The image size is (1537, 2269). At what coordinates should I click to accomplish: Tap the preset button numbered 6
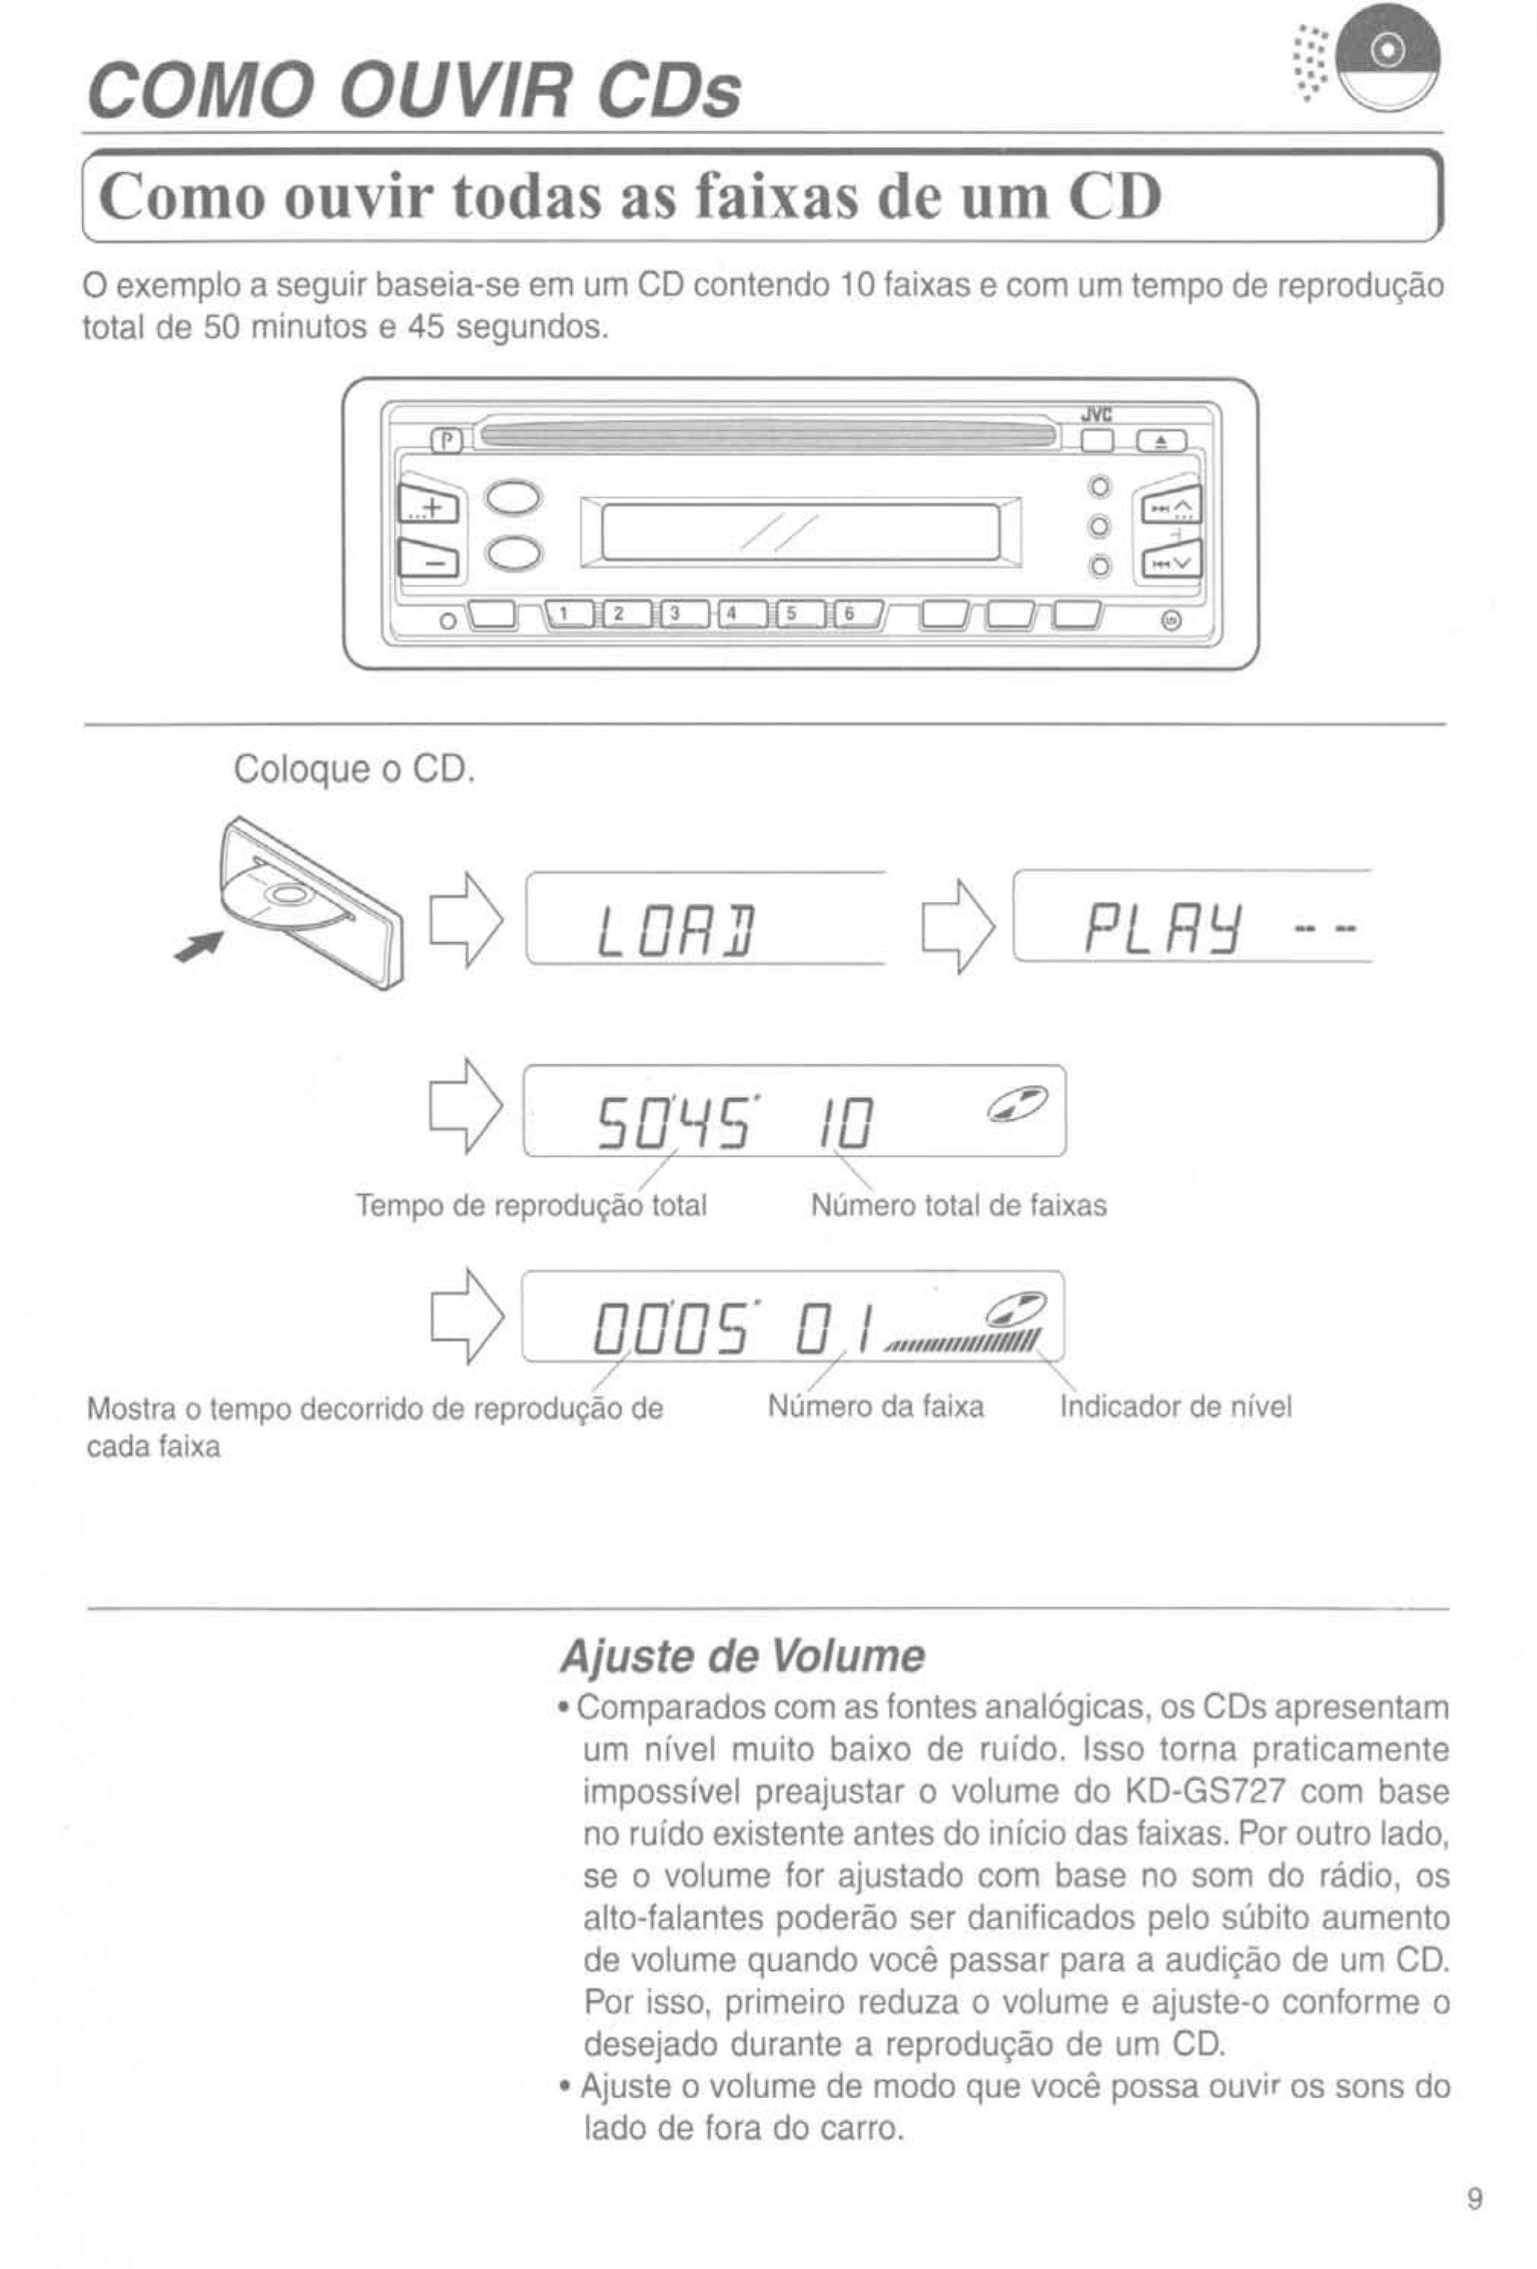pyautogui.click(x=848, y=613)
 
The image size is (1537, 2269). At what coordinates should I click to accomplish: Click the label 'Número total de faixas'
pyautogui.click(x=958, y=1205)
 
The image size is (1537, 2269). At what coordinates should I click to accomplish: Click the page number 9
pyautogui.click(x=1474, y=2200)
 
